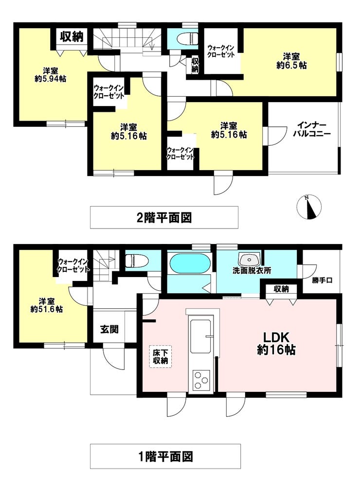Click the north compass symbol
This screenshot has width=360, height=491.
[308, 207]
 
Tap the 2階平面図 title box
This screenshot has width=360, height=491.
[164, 217]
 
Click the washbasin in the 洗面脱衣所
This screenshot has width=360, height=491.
[249, 259]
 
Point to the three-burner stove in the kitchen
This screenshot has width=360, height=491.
[201, 380]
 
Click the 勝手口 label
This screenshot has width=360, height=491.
[321, 281]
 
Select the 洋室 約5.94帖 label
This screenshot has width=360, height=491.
[50, 74]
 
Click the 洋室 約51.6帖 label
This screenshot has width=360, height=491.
[46, 304]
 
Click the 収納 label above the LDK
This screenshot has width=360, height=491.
[281, 289]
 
